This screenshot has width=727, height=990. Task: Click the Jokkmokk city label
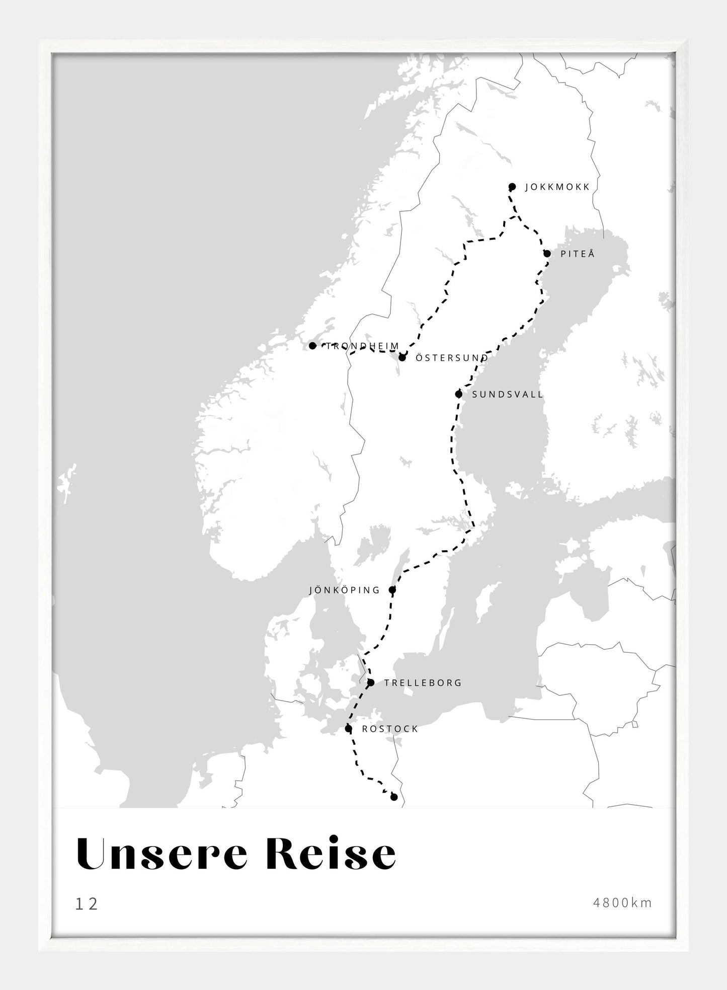(x=557, y=187)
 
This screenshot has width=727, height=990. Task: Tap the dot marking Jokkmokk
(x=512, y=187)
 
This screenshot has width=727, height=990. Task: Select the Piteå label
(x=578, y=254)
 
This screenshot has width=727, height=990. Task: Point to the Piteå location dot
(x=547, y=254)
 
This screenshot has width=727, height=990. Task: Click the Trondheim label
(x=362, y=346)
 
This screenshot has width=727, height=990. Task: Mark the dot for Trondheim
(x=312, y=346)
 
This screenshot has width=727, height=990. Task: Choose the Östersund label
(x=451, y=358)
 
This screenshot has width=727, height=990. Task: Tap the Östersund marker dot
(x=402, y=357)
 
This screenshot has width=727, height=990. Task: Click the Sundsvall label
(x=508, y=395)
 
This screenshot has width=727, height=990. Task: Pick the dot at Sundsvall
(x=458, y=394)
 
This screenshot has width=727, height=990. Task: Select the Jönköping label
(x=345, y=590)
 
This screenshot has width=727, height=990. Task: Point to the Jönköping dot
(x=392, y=590)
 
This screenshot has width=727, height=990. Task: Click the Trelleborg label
(x=423, y=683)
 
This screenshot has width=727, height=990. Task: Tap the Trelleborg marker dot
(x=371, y=682)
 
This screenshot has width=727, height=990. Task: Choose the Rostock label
(x=390, y=729)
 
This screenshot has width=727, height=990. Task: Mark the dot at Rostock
(x=348, y=728)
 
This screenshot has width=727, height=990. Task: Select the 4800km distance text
(x=622, y=903)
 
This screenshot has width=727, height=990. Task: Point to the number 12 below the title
(x=87, y=904)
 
